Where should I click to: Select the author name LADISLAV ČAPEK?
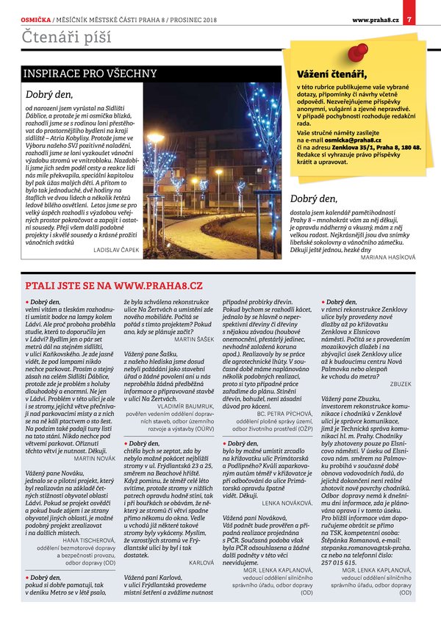[x=116, y=250]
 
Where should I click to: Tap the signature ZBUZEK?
[x=401, y=384]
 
